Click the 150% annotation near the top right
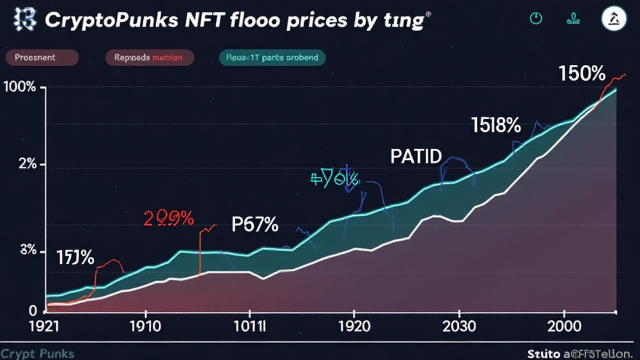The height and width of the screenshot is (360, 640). [582, 74]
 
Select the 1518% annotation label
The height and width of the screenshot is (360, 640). [496, 126]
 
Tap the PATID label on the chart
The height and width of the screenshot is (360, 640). [416, 156]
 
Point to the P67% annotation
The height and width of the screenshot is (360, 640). [254, 224]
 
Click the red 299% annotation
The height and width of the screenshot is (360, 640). [169, 218]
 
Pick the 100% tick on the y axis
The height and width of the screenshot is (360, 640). [19, 87]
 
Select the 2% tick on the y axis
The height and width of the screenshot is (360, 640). [27, 165]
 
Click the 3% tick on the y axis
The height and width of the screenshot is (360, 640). [28, 251]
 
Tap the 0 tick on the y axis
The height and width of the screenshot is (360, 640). [32, 311]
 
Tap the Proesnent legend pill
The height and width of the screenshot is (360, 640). [41, 57]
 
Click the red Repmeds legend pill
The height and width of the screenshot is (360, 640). [149, 57]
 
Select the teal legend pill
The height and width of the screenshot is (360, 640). [272, 57]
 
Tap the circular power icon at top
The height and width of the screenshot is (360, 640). [536, 19]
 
